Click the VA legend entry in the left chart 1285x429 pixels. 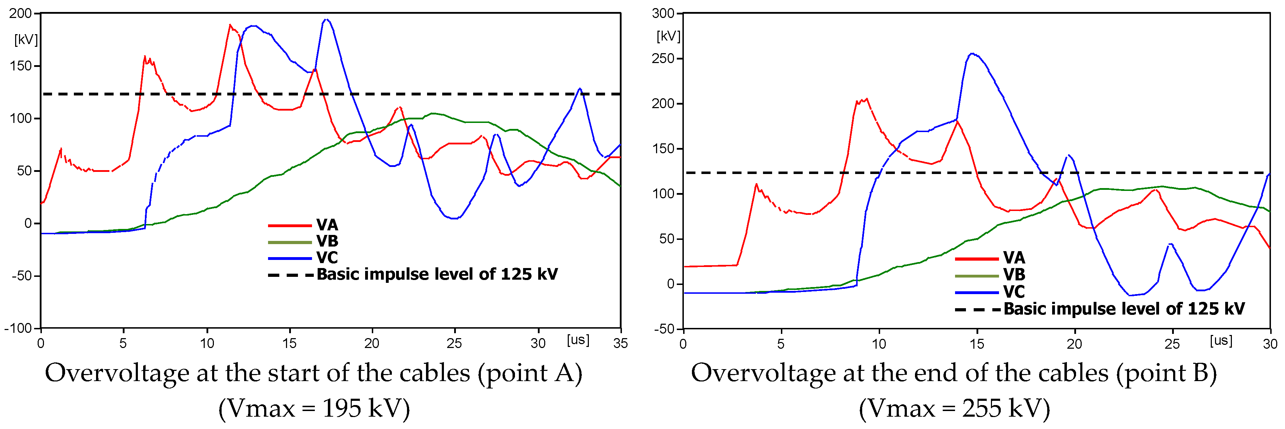coord(327,225)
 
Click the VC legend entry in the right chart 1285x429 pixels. coord(1014,292)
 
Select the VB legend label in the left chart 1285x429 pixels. coord(327,241)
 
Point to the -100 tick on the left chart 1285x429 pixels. coord(18,329)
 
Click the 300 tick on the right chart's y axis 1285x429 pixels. coord(663,13)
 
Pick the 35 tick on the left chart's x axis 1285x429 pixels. coord(621,344)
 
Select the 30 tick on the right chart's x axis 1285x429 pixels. coord(1270,344)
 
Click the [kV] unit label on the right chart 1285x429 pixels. coord(668,36)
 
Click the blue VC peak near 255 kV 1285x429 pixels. coord(972,54)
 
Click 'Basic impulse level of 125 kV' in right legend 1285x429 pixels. coord(1124,309)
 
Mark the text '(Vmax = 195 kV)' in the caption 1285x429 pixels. coord(314,409)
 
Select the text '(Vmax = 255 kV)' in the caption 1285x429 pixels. coord(954,409)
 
